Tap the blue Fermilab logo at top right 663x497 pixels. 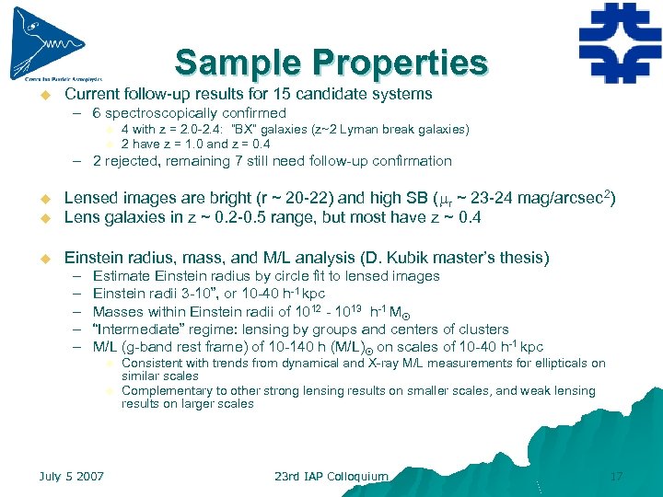click(620, 42)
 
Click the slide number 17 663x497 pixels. click(617, 476)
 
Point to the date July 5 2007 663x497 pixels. click(71, 476)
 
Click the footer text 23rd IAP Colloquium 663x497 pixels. click(331, 476)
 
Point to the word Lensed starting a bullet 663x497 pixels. click(90, 198)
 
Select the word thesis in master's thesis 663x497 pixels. click(526, 257)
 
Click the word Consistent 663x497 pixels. click(152, 364)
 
